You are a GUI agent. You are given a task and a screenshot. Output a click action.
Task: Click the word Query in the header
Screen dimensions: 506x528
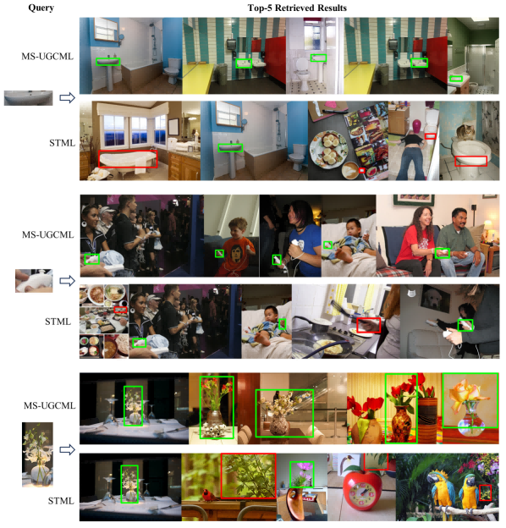click(41, 8)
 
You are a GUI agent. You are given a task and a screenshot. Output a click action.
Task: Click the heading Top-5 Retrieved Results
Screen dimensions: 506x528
click(297, 8)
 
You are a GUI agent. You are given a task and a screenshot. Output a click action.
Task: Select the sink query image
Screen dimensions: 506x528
click(28, 97)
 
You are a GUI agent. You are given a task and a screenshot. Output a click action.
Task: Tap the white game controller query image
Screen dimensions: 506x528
click(34, 281)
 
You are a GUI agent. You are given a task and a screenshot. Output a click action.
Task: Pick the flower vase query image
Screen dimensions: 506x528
click(37, 454)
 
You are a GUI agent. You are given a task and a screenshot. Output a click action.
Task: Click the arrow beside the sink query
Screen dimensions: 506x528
click(67, 97)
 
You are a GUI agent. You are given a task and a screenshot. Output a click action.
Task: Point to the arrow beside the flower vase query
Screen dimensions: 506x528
click(67, 449)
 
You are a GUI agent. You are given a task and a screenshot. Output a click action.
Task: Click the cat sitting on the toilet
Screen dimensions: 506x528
click(465, 132)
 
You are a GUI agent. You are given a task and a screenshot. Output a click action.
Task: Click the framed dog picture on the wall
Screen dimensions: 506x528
click(435, 297)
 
